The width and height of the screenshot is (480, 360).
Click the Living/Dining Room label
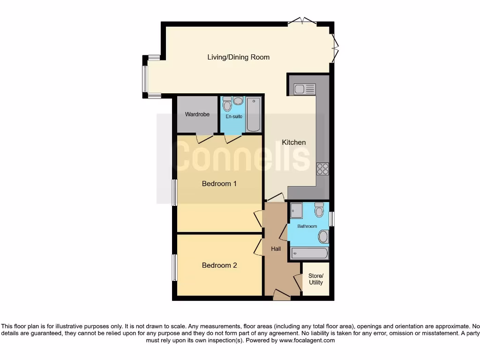pos(238,57)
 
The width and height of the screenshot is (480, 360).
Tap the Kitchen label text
pos(294,142)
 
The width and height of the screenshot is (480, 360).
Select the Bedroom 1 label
pos(219,184)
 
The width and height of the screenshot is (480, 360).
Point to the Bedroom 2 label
pos(219,265)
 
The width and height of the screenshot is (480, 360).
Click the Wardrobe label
pos(197,114)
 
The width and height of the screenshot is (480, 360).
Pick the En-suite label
pos(233,116)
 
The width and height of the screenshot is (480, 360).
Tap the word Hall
pos(276,249)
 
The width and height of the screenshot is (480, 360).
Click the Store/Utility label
pos(315,279)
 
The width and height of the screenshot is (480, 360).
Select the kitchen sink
pos(304,89)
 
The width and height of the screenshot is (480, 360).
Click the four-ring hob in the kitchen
pos(322,169)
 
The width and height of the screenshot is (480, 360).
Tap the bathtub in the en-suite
pos(254,114)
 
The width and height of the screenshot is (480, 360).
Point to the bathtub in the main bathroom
pos(309,254)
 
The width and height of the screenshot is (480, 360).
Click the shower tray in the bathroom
pos(296,211)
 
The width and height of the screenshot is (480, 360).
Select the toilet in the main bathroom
pos(319,210)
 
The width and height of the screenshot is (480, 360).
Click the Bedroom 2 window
pos(174,268)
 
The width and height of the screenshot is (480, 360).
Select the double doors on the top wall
pos(302,21)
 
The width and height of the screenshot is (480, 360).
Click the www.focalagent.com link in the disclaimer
pos(307,341)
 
